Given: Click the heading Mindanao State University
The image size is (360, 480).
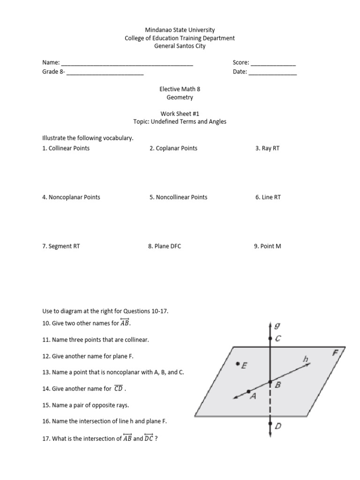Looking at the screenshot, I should coord(180,30).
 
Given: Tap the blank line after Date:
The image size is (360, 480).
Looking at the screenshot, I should coord(272,73).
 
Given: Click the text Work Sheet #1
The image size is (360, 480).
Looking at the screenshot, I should coord(180,113).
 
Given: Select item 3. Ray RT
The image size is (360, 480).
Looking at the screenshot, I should coord(267,148).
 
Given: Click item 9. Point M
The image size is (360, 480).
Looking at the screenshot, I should coord(267,246).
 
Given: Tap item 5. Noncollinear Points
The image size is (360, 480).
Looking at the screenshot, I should coord(178,197).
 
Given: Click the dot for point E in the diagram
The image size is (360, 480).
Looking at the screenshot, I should coord(238,363).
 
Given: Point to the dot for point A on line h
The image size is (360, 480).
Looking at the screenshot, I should coord(248,391).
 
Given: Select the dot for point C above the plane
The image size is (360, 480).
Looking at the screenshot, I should coord(270,338).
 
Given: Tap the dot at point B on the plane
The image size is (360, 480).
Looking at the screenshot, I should coord(270,382).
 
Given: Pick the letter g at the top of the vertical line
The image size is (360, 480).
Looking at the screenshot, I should coord(278,325).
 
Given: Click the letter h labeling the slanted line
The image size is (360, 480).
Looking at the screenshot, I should coord(306,359).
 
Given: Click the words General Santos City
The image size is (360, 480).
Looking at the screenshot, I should coord(180,46).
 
